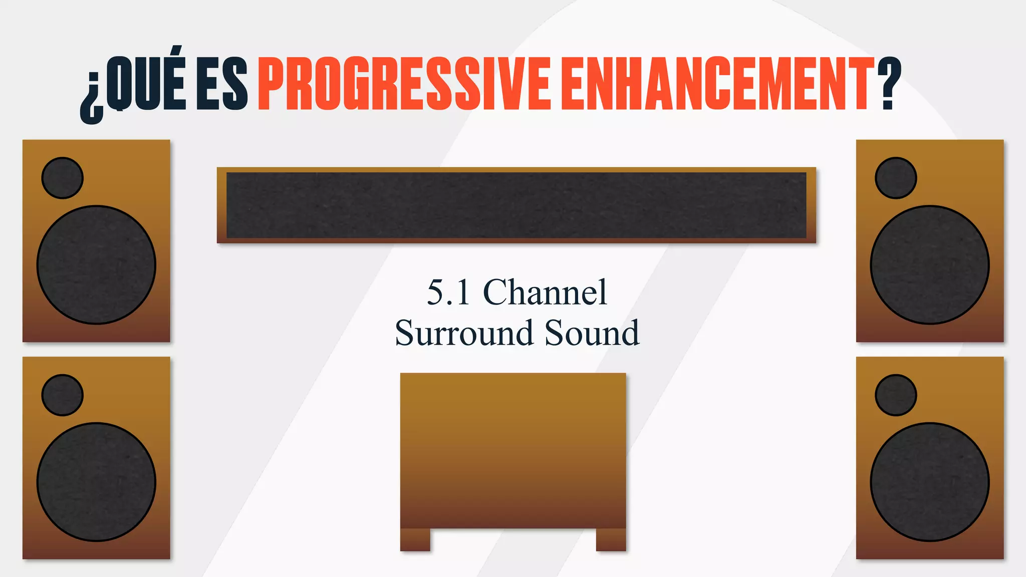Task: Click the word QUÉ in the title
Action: point(146,83)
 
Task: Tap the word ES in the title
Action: point(221,84)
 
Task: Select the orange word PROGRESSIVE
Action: point(404,84)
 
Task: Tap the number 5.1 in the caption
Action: point(448,293)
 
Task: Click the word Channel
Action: point(545,293)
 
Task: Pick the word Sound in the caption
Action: point(592,333)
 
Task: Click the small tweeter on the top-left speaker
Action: point(62,178)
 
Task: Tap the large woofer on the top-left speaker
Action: point(96,264)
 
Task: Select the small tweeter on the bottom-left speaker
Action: point(62,395)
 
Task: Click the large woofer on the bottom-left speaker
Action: point(96,482)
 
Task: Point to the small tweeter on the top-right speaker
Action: point(896,178)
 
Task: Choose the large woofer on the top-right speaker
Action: point(930,264)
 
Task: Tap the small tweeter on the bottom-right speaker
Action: point(896,395)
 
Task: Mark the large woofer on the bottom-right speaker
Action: point(930,482)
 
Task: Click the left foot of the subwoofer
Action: point(415,539)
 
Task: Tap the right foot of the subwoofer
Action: point(611,539)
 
